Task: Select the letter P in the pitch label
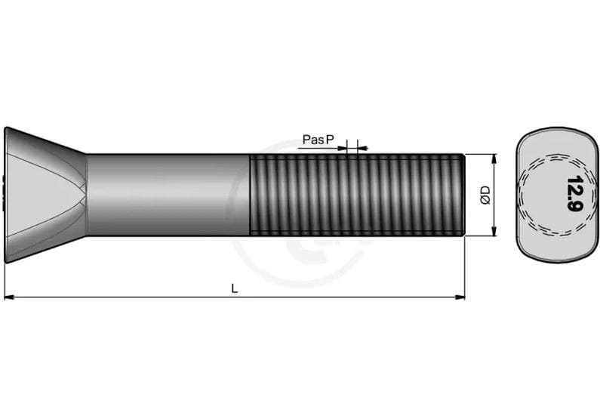click(x=330, y=140)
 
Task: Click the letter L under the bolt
click(x=235, y=288)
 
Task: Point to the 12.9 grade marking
click(x=573, y=195)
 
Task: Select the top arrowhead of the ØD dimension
click(x=494, y=159)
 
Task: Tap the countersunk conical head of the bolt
click(x=45, y=195)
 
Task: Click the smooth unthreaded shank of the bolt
click(x=166, y=195)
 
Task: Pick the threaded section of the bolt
click(x=355, y=195)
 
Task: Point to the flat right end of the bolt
click(x=463, y=195)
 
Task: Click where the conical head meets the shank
click(x=86, y=195)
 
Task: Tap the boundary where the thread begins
click(x=250, y=195)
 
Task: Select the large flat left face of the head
click(x=6, y=195)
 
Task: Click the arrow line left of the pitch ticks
click(x=321, y=148)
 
